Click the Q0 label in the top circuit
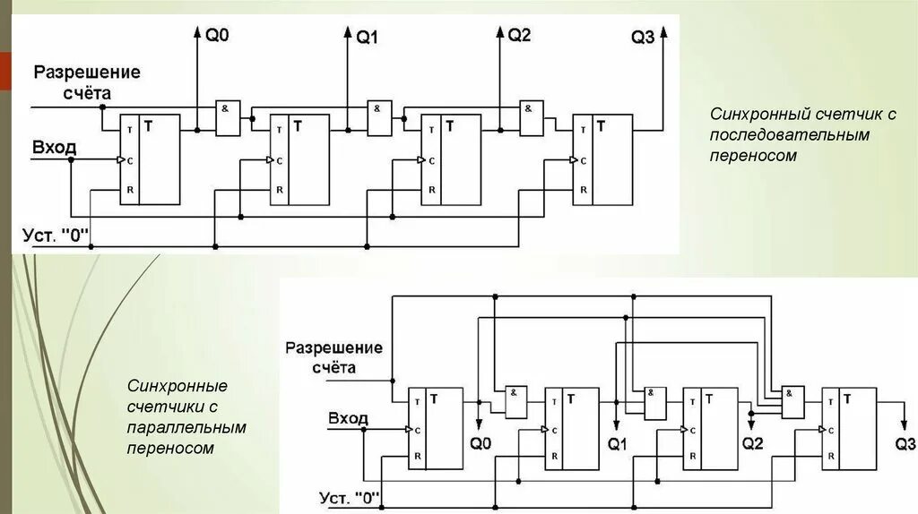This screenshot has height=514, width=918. [x=218, y=37]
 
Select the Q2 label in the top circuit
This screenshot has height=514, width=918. [x=520, y=36]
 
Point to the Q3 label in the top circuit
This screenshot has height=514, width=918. [x=643, y=38]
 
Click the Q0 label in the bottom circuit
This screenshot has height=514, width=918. [x=481, y=443]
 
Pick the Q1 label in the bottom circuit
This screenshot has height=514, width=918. [x=619, y=443]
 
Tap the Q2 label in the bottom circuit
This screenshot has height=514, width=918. [x=754, y=443]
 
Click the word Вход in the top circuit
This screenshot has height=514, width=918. [x=55, y=146]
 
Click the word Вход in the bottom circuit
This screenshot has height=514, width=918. [x=348, y=418]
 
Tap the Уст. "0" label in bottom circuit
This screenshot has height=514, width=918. [x=350, y=498]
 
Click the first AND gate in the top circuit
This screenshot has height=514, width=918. [x=228, y=117]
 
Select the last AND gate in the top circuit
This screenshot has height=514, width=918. [x=532, y=117]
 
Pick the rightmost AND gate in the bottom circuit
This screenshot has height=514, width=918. [x=792, y=401]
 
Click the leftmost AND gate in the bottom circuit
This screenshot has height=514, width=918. [x=517, y=401]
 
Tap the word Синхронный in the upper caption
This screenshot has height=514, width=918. [x=759, y=116]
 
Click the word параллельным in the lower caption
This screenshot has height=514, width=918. [x=186, y=427]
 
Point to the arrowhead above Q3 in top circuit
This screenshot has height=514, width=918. [x=663, y=33]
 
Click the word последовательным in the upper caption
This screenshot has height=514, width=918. [x=790, y=135]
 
